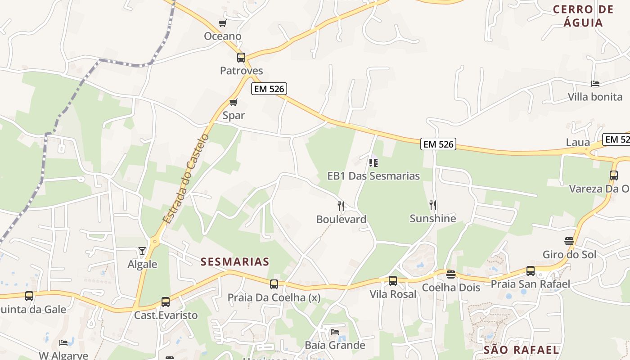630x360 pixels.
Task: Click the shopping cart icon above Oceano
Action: click(222, 23)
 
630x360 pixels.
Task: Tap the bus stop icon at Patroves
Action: click(241, 58)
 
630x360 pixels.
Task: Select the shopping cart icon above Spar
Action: click(233, 102)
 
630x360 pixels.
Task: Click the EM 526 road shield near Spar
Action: click(269, 89)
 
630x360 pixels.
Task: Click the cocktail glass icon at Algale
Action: click(142, 251)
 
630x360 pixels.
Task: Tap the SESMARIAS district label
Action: click(235, 261)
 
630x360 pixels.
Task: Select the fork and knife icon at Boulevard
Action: click(341, 206)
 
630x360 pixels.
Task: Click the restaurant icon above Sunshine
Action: click(433, 205)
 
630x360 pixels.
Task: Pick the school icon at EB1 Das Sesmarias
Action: click(373, 162)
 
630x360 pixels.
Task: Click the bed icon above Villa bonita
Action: click(595, 84)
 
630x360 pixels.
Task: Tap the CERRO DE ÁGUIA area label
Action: click(583, 16)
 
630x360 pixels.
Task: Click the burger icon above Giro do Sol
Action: click(569, 241)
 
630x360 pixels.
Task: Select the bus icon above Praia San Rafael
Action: click(531, 271)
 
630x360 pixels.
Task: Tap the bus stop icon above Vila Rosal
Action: click(393, 281)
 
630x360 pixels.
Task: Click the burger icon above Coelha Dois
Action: click(451, 274)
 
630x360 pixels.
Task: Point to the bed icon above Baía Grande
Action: click(335, 332)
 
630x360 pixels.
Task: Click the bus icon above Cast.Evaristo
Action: click(166, 302)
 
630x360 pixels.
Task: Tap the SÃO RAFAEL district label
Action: click(521, 350)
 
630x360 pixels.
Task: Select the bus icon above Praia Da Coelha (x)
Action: click(274, 284)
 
